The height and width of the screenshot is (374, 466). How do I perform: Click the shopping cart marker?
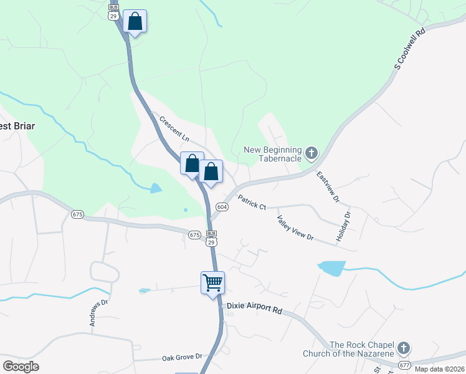coord(212,282)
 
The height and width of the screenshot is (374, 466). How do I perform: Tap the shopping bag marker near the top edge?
coord(135,21)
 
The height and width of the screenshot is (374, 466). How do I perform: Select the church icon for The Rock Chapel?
coord(404,348)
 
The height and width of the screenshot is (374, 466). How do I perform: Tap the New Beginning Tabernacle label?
coord(272,154)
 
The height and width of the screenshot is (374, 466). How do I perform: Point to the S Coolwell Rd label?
coord(409,49)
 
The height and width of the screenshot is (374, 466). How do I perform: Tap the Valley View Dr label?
coord(295,228)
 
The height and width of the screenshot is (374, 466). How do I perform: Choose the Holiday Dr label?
coord(347,223)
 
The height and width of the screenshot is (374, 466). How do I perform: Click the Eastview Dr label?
coord(328,187)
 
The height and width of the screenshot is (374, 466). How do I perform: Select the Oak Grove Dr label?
coord(183,357)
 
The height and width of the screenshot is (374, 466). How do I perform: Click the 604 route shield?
coord(222,206)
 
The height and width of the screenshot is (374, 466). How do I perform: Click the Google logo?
coord(20,367)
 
